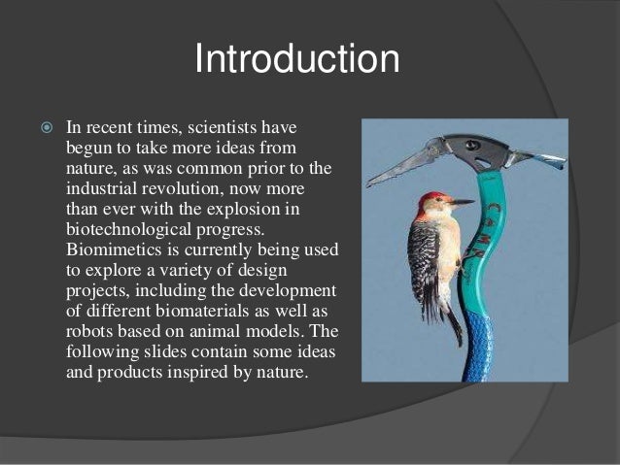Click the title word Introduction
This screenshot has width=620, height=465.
click(296, 58)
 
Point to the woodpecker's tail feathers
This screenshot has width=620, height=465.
click(454, 320)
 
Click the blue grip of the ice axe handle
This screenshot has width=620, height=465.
click(476, 344)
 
